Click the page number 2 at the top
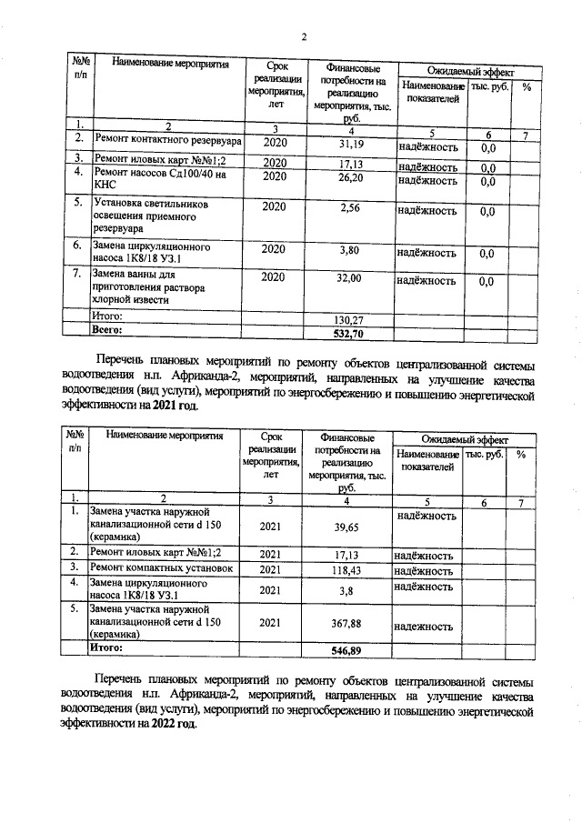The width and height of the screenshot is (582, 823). coord(305,37)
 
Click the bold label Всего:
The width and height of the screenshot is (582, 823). coord(107,332)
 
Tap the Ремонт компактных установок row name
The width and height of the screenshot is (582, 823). coord(162,568)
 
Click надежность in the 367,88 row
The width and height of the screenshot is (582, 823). coord(422,627)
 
